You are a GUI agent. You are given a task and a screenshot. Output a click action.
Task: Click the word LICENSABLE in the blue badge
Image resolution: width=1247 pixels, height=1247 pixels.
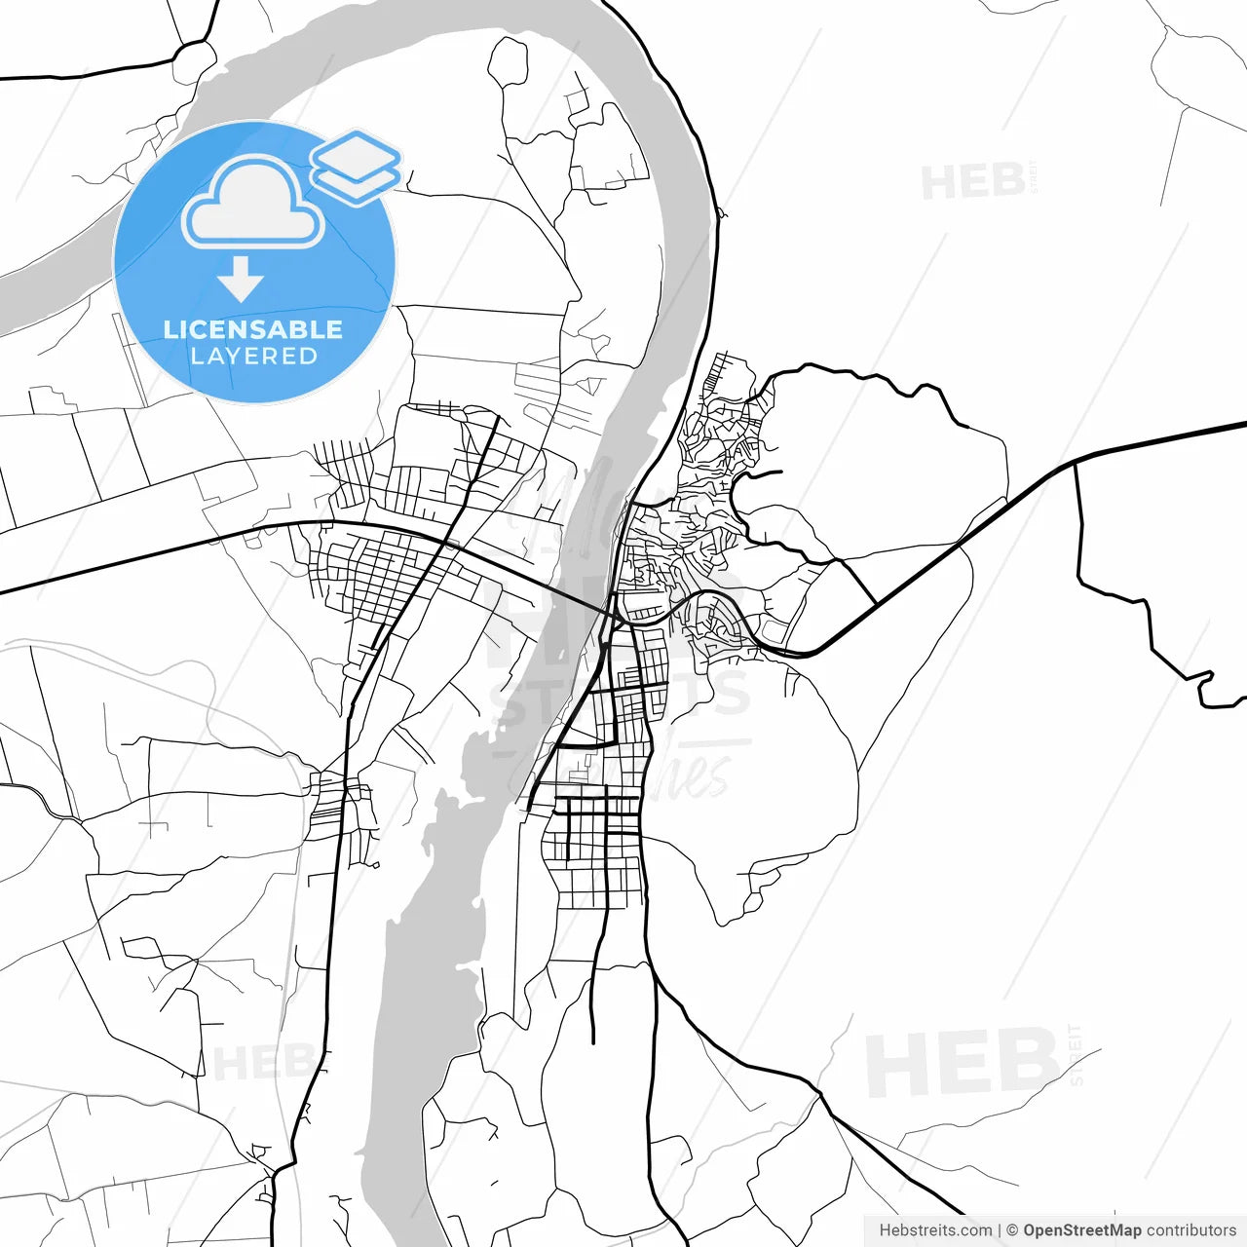tap(253, 329)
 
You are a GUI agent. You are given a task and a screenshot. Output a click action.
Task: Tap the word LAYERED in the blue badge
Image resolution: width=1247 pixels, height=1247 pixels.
tap(253, 357)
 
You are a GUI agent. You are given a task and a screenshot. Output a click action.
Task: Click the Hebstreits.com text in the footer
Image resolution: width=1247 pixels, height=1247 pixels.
tap(935, 1230)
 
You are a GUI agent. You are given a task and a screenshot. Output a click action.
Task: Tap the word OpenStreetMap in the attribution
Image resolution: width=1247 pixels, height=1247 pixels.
tap(1081, 1230)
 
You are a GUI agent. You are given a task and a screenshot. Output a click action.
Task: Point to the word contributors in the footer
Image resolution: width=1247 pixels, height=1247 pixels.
tap(1190, 1230)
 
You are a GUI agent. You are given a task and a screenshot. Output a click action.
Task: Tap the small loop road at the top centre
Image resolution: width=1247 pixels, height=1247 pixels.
tap(507, 62)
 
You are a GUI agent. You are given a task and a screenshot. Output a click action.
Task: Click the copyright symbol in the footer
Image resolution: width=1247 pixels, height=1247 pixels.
tap(1012, 1230)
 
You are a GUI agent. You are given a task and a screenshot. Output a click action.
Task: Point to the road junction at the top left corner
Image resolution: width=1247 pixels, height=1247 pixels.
tap(195, 49)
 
